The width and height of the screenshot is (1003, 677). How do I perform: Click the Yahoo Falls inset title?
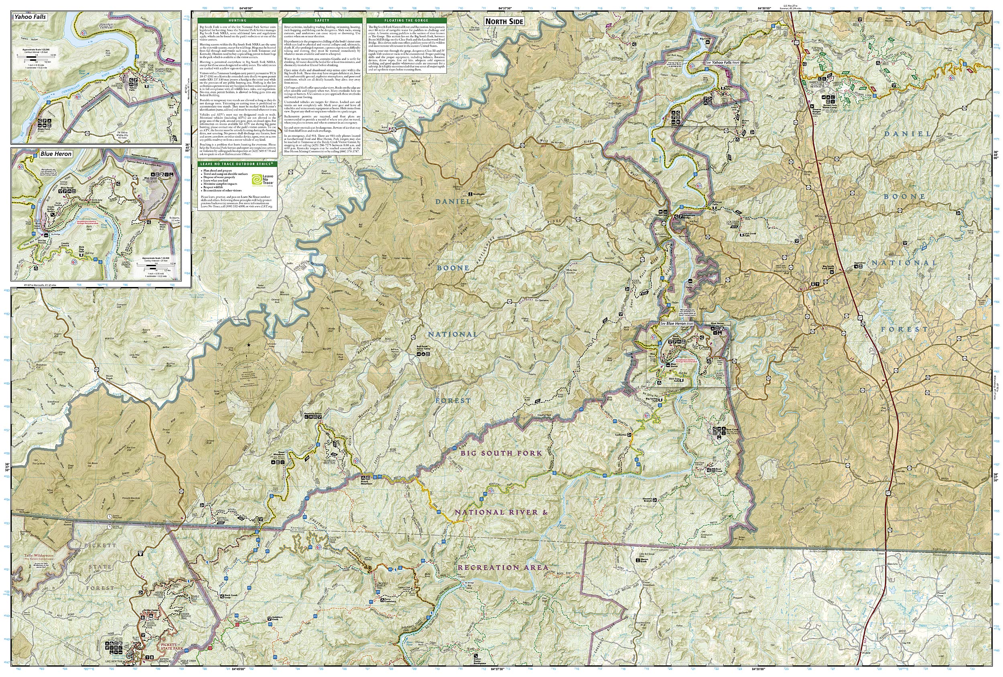click(30, 17)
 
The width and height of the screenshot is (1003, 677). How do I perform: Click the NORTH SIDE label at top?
click(504, 22)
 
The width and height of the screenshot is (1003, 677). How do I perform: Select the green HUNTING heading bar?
click(237, 20)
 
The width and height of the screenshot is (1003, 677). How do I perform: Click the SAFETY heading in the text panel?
click(321, 20)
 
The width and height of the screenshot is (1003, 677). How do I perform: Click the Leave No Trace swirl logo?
click(256, 178)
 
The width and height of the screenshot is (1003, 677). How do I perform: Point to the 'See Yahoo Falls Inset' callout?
click(722, 63)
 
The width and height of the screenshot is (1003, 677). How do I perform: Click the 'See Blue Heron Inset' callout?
click(676, 323)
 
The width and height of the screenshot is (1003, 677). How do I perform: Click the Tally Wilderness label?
click(39, 556)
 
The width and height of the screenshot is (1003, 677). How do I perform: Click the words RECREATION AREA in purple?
click(503, 568)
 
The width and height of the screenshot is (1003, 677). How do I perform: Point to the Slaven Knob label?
click(644, 560)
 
